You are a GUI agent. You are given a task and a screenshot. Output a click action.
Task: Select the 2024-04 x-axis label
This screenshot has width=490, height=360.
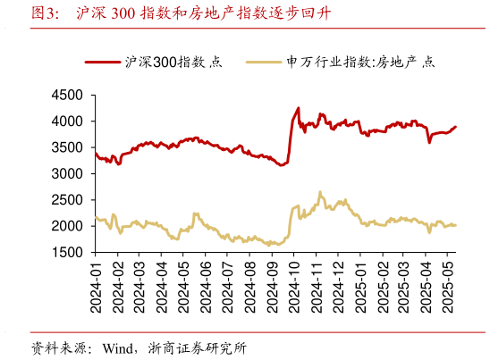coord(162,287)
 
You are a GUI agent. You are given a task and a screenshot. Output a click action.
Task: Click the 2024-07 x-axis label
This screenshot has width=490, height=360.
coord(229,287)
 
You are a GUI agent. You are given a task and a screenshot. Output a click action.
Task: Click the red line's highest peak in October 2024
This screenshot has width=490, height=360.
coord(298,108)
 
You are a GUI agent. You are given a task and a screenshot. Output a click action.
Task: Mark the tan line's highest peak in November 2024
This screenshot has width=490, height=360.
coord(320,191)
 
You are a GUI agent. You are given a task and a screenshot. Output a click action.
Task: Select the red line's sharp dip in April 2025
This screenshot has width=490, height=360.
coord(429,142)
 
